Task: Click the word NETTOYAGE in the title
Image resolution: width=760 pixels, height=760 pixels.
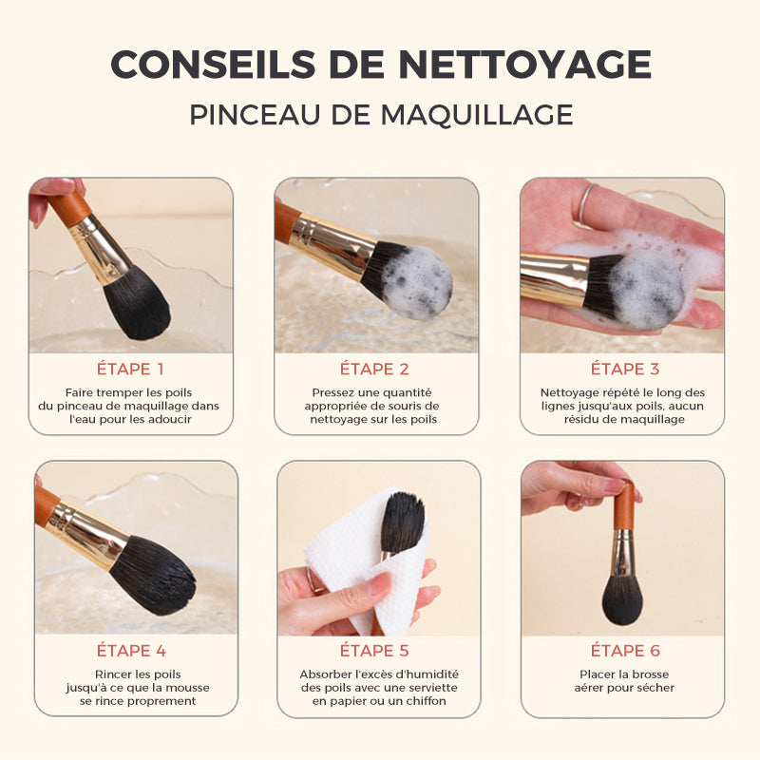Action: click(525, 64)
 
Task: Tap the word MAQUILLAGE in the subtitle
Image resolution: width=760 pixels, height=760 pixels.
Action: click(477, 115)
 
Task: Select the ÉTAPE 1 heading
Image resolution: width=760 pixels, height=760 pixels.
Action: click(130, 369)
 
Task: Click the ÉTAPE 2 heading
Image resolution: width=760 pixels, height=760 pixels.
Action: click(374, 369)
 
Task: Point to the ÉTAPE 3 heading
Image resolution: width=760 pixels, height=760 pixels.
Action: click(625, 369)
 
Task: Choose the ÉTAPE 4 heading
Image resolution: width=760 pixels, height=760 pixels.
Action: click(131, 651)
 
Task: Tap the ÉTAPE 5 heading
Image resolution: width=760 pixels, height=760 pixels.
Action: click(374, 651)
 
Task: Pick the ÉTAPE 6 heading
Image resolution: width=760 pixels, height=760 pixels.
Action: click(625, 651)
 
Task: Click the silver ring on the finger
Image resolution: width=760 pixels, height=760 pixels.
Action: click(585, 203)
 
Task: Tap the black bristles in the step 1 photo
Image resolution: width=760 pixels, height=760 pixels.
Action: click(137, 304)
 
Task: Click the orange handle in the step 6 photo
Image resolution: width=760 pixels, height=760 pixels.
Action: click(624, 506)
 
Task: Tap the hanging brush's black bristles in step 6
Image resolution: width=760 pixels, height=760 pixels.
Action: click(622, 599)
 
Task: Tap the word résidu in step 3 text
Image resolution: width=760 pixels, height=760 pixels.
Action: click(579, 419)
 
